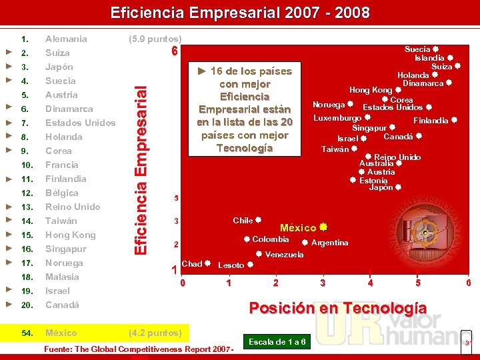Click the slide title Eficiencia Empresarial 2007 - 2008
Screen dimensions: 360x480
(240, 13)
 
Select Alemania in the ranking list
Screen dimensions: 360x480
(66, 39)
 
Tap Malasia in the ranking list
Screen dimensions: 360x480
(62, 277)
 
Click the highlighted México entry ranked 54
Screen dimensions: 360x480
(61, 333)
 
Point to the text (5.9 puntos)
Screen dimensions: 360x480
(155, 39)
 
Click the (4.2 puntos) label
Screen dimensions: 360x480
(155, 333)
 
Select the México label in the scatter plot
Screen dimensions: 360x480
(298, 228)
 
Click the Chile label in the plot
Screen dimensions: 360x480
(243, 221)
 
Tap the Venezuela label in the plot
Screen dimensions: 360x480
(284, 255)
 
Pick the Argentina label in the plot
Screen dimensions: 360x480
(329, 243)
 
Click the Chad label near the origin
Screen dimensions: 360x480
(191, 264)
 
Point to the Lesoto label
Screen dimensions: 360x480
(231, 265)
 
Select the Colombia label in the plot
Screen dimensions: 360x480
(270, 239)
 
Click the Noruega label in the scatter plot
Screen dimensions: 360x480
(329, 105)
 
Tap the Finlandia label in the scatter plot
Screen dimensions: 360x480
(431, 121)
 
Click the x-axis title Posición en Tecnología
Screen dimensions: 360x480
(337, 307)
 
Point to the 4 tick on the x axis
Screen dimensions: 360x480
(370, 283)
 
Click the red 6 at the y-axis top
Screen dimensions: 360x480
(174, 52)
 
